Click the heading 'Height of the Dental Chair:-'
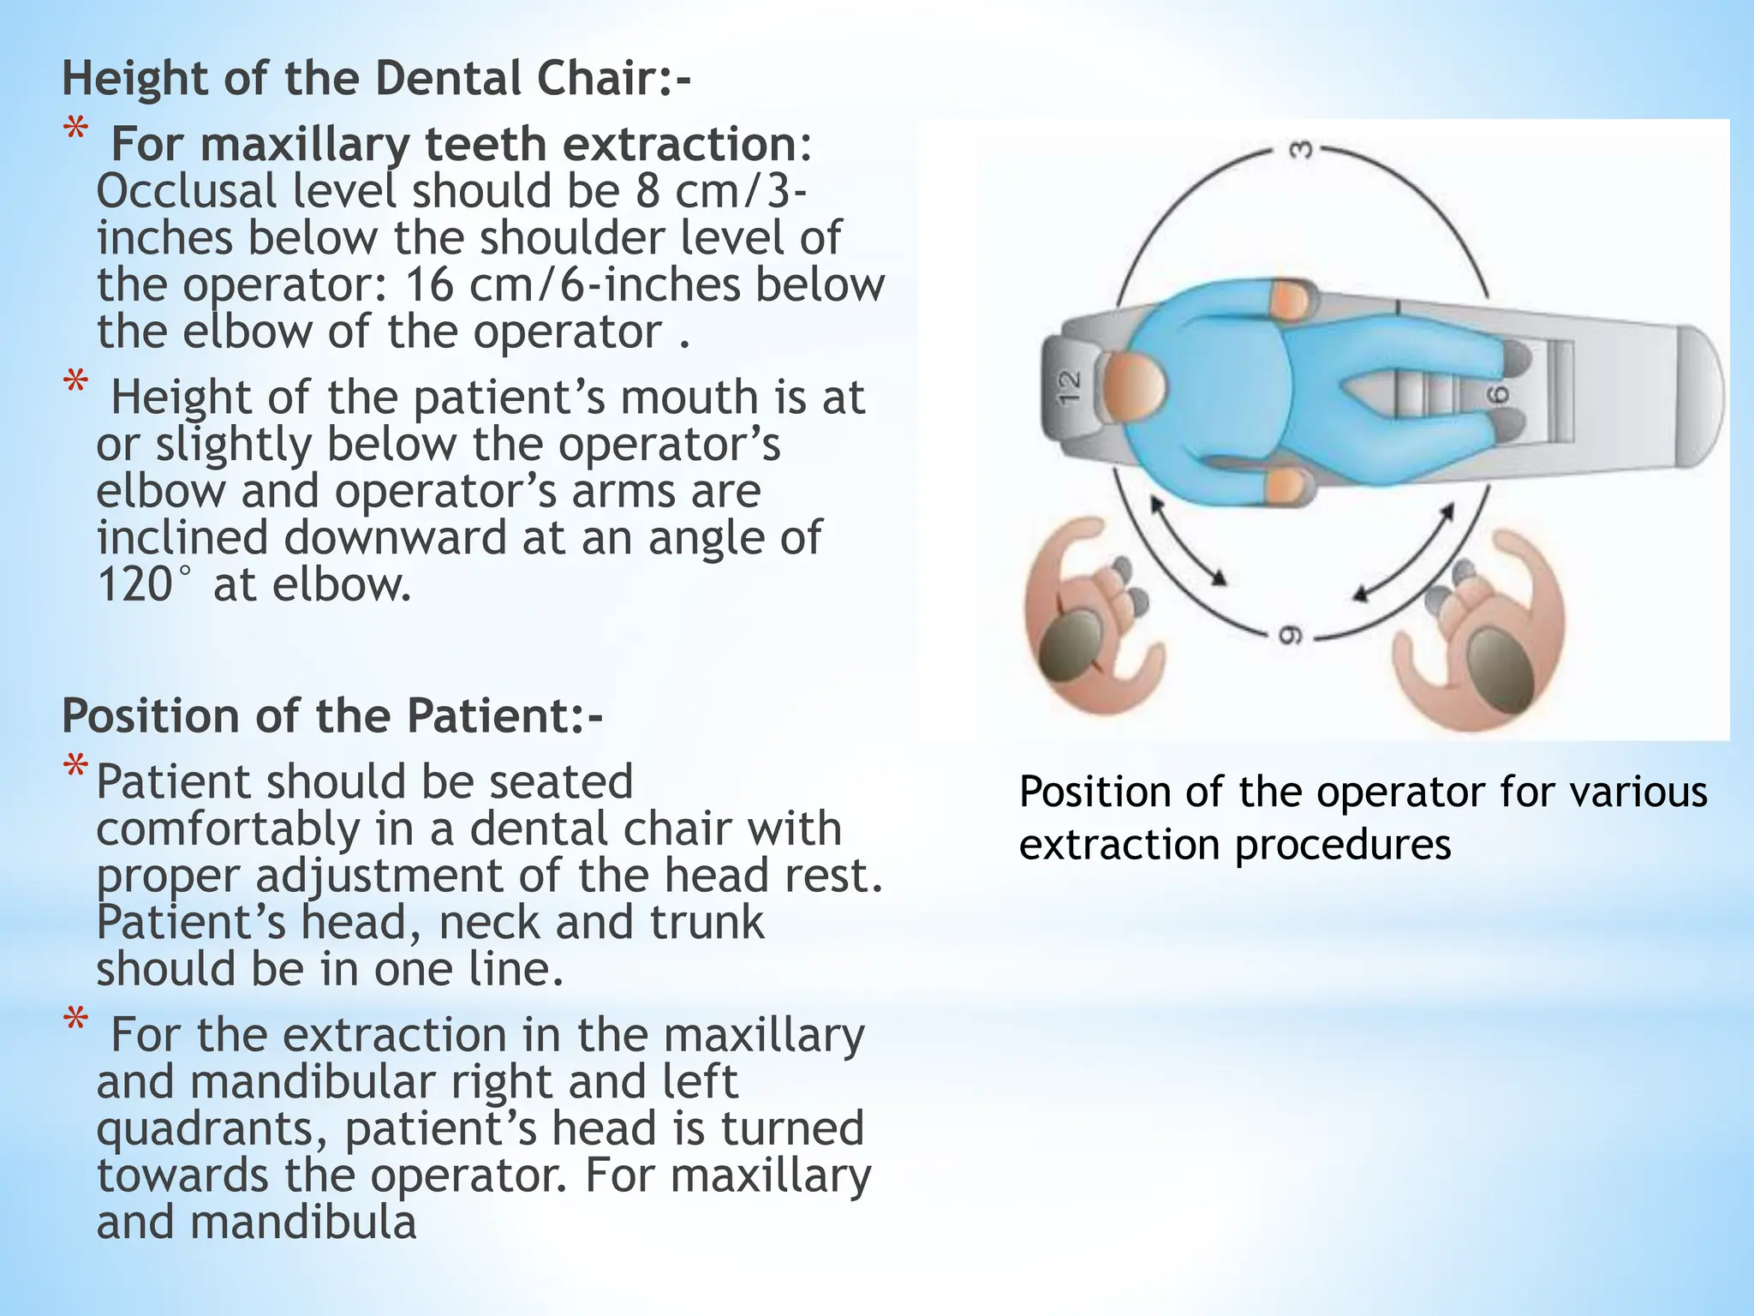(x=376, y=79)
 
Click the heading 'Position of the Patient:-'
(x=332, y=715)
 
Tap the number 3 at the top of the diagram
(x=1300, y=150)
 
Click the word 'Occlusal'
(x=186, y=191)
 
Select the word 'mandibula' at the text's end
(x=303, y=1222)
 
